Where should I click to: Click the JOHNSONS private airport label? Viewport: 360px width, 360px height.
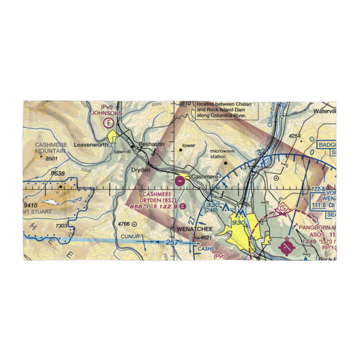click(107, 113)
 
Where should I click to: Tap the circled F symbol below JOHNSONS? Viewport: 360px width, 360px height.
click(108, 123)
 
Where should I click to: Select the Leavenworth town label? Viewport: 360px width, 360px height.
click(90, 145)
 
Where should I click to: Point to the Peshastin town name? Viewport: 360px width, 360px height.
click(151, 144)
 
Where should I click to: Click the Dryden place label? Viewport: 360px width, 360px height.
click(140, 170)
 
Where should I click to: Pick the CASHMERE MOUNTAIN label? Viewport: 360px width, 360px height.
click(51, 148)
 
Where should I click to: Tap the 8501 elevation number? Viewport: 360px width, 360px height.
click(50, 159)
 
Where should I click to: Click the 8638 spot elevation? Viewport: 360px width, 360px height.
click(58, 174)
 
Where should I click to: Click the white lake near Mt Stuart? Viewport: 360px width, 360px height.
click(50, 202)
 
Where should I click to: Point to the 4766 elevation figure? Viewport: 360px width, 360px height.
click(123, 224)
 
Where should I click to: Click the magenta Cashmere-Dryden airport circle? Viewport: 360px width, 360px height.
click(180, 181)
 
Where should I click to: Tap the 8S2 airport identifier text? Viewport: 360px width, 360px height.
click(169, 199)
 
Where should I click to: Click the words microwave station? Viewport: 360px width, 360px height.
click(222, 154)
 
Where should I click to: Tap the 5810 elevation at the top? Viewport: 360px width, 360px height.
click(184, 104)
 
